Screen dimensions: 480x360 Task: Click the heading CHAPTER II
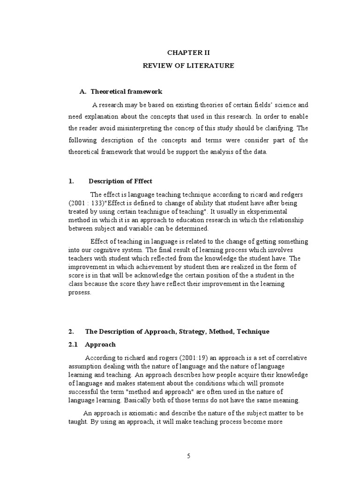(x=188, y=53)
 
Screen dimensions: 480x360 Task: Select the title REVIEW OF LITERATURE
(x=188, y=66)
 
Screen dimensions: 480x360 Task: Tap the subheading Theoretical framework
(x=126, y=91)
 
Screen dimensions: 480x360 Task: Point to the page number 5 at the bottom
(x=188, y=457)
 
